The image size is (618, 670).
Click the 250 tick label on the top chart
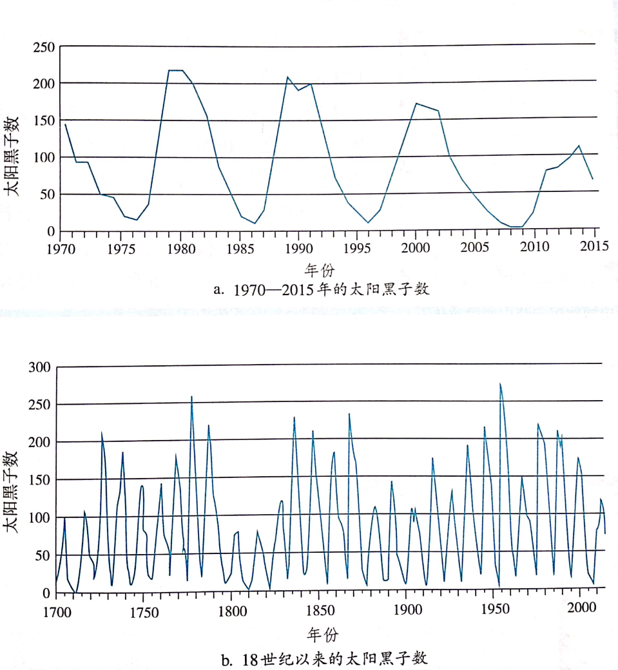[x=44, y=47]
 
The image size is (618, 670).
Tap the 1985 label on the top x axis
[x=240, y=247]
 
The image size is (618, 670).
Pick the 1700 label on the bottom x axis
[x=57, y=610]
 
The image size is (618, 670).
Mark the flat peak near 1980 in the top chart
[x=175, y=70]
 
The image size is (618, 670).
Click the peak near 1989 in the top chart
[x=287, y=77]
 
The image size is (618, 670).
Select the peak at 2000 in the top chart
[x=416, y=103]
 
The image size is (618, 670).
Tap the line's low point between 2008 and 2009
[x=516, y=227]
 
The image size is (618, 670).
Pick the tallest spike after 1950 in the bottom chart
[x=500, y=384]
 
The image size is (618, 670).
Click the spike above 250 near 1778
[x=191, y=397]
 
